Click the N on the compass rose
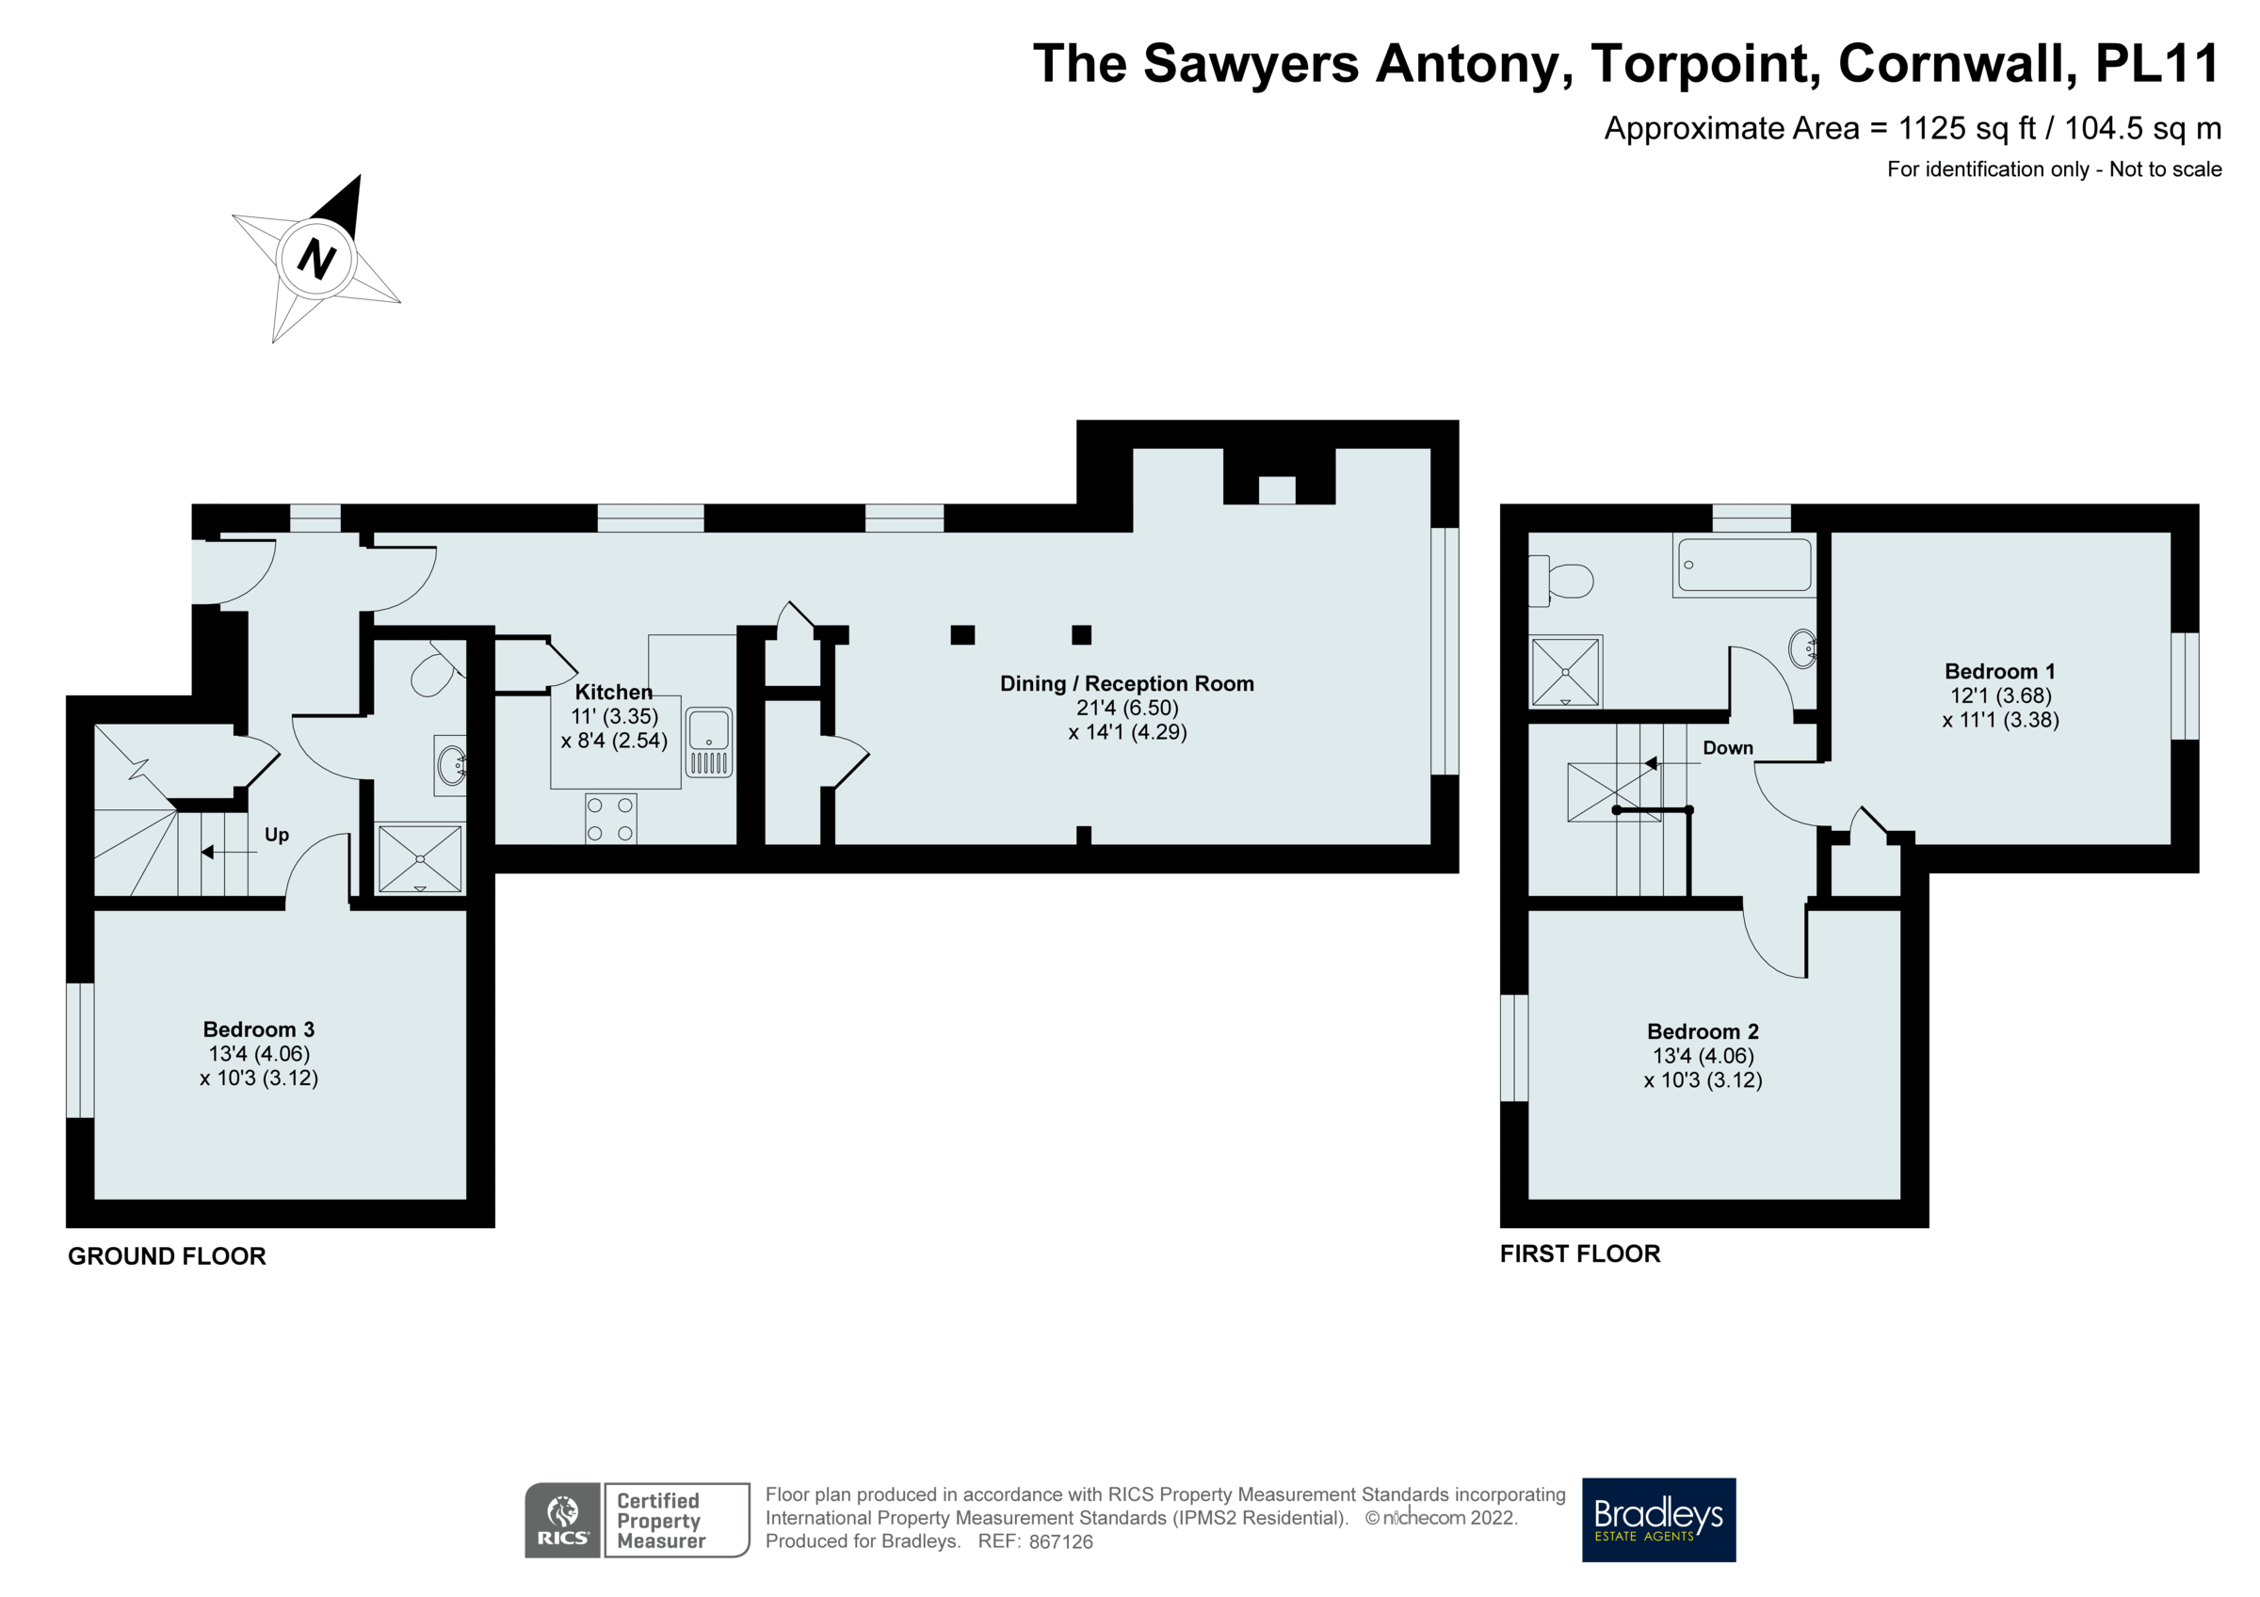[316, 258]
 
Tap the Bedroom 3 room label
[259, 1030]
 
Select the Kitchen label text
[613, 692]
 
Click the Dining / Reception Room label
[1127, 683]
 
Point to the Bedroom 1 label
[1999, 671]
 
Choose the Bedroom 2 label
[1703, 1031]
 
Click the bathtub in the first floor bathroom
[1744, 565]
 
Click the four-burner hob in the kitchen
[610, 819]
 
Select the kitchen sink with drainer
[709, 742]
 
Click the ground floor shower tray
[420, 858]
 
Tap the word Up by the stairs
[277, 835]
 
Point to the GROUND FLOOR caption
[167, 1256]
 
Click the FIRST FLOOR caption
[1580, 1254]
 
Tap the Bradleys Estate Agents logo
[1658, 1519]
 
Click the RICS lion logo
[562, 1519]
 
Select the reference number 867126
[1060, 1541]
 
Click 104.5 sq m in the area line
[2142, 128]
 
